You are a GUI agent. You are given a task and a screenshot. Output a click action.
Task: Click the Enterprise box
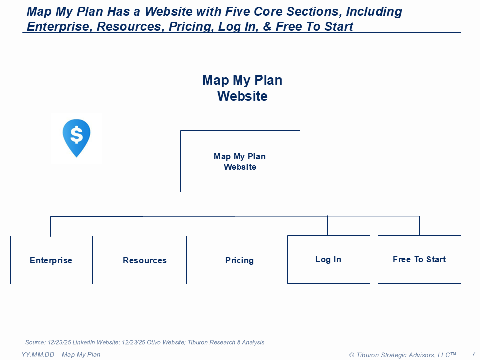[51, 260]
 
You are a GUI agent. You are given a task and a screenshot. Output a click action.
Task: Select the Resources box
[145, 260]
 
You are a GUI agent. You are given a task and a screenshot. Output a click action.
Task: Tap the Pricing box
[240, 260]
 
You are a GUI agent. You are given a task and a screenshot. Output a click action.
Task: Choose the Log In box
[329, 259]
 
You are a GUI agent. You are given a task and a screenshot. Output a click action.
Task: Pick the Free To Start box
[419, 259]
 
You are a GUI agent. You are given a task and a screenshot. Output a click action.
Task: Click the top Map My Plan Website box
[240, 161]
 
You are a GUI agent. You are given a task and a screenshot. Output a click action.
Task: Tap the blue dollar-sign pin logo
[76, 138]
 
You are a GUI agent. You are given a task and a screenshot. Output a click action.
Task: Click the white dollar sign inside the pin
[76, 135]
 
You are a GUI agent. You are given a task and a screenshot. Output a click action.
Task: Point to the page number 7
[474, 354]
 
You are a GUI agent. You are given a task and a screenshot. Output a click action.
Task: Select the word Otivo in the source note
[154, 342]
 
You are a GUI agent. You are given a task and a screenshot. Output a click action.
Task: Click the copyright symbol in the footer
[352, 355]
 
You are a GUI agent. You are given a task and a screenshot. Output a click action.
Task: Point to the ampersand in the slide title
[267, 26]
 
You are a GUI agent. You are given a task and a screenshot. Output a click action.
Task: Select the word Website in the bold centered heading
[242, 96]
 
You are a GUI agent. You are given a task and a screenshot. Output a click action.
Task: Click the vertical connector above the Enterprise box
[50, 226]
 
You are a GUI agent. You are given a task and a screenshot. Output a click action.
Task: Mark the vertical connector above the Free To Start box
[420, 226]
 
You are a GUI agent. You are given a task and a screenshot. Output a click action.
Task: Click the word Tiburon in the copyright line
[367, 355]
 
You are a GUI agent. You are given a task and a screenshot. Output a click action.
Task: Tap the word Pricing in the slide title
[191, 26]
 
